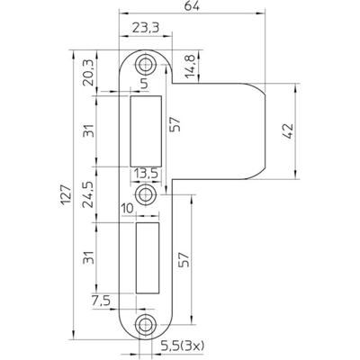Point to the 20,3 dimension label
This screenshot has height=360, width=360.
tap(87, 71)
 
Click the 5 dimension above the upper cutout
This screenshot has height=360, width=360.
tap(143, 86)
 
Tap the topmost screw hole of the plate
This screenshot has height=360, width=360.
tap(145, 64)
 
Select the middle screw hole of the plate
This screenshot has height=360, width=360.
tap(143, 193)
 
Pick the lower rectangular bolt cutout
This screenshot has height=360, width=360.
tap(146, 257)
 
